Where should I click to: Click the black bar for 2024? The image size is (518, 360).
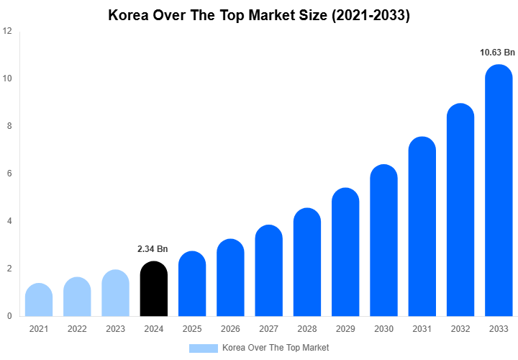[x=153, y=289]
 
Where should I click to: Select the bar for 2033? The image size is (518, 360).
[x=499, y=191]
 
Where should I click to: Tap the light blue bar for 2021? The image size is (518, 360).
[x=38, y=300]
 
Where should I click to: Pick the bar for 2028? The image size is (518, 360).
[x=307, y=263]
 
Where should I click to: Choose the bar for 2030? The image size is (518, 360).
[x=383, y=241]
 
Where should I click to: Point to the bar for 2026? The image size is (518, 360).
[x=230, y=278]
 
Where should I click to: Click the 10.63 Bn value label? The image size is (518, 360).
[x=498, y=53]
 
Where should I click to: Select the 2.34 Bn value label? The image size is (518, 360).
[x=153, y=249]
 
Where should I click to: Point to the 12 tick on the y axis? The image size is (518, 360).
[x=7, y=31]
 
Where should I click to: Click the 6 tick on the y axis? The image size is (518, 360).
[x=9, y=174]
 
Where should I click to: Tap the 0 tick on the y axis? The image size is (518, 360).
[x=9, y=316]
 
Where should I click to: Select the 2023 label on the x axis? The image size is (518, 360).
[x=115, y=329]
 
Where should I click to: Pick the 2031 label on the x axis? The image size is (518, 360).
[x=422, y=329]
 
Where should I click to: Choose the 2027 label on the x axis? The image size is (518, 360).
[x=268, y=329]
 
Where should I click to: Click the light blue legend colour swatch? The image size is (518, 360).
[x=203, y=348]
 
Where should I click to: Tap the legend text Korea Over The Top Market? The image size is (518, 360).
[x=276, y=348]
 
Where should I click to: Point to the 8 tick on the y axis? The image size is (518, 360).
[x=9, y=126]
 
